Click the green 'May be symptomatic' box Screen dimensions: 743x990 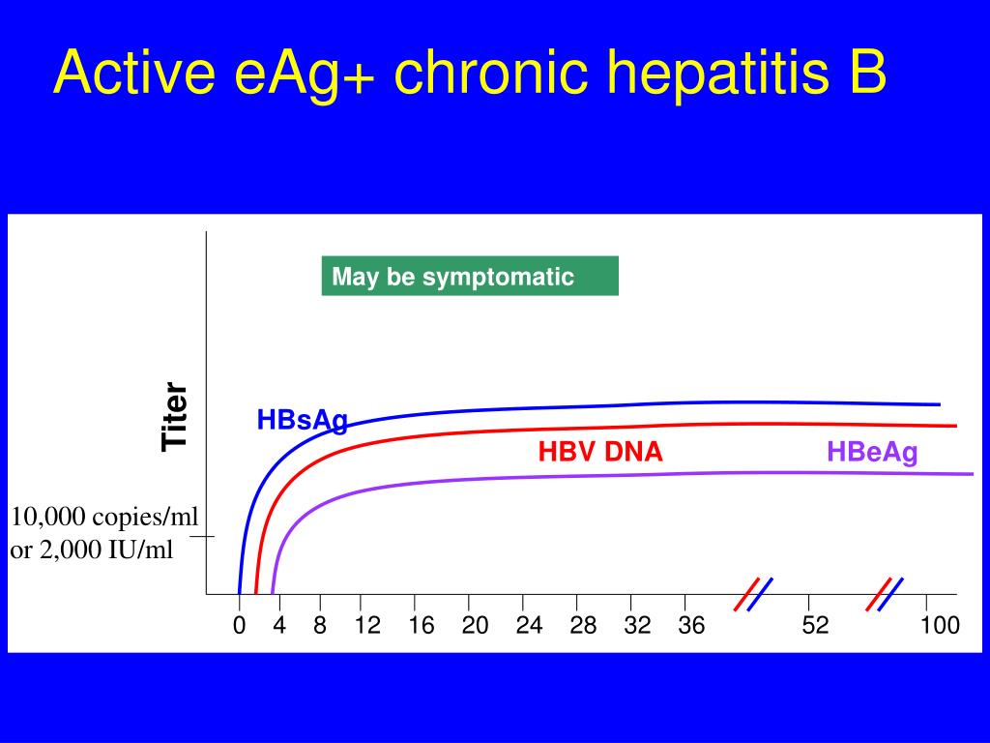470,277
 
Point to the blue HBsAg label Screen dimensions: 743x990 302,421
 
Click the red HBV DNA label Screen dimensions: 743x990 600,452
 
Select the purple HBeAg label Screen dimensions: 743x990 871,452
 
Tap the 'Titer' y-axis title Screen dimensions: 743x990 175,416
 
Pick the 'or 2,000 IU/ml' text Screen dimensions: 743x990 92,550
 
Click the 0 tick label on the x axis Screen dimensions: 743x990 239,626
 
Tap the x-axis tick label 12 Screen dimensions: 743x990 367,626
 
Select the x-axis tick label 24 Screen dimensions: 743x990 529,626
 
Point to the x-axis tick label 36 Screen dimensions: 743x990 691,626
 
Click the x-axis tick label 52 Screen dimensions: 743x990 815,626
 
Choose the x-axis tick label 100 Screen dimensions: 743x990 940,626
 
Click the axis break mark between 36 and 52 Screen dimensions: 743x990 753,594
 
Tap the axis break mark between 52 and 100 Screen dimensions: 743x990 885,594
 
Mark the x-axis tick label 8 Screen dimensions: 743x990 319,626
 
